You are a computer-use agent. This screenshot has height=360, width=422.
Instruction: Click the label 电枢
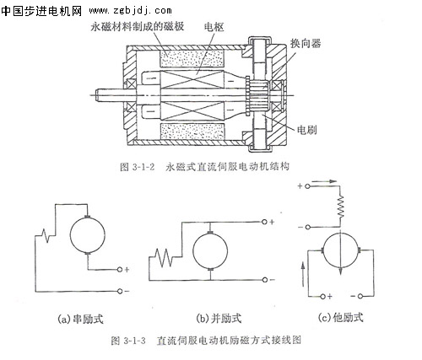coord(214,27)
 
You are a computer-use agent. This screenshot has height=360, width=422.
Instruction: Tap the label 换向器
coord(306,43)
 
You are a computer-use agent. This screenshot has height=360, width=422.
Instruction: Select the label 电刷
coord(306,130)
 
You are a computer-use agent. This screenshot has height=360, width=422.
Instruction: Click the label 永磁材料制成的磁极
coord(137,26)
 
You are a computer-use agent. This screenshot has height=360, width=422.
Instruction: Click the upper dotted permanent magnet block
coord(192,59)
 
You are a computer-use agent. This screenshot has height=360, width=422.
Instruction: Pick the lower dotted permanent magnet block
coord(192,132)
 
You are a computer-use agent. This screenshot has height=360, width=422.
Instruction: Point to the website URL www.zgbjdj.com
coord(130,11)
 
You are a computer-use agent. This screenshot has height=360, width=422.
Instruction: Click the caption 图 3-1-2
coord(138,167)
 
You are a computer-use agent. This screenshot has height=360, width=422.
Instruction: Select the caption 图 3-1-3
coord(128,341)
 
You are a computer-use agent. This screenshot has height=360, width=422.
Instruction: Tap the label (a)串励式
coord(80,319)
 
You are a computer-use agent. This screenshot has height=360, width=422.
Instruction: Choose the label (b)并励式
coord(219,318)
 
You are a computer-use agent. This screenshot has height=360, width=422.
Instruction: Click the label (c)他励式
coord(340,317)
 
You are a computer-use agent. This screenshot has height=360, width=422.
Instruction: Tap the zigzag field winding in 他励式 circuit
coord(341,207)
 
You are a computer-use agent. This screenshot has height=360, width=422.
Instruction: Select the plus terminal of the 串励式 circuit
coord(120,270)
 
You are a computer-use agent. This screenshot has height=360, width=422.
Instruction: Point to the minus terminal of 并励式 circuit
coord(264,280)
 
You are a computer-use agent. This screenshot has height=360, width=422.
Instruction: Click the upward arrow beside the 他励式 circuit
coord(303,274)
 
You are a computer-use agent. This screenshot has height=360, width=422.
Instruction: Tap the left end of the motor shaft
coord(96,95)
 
